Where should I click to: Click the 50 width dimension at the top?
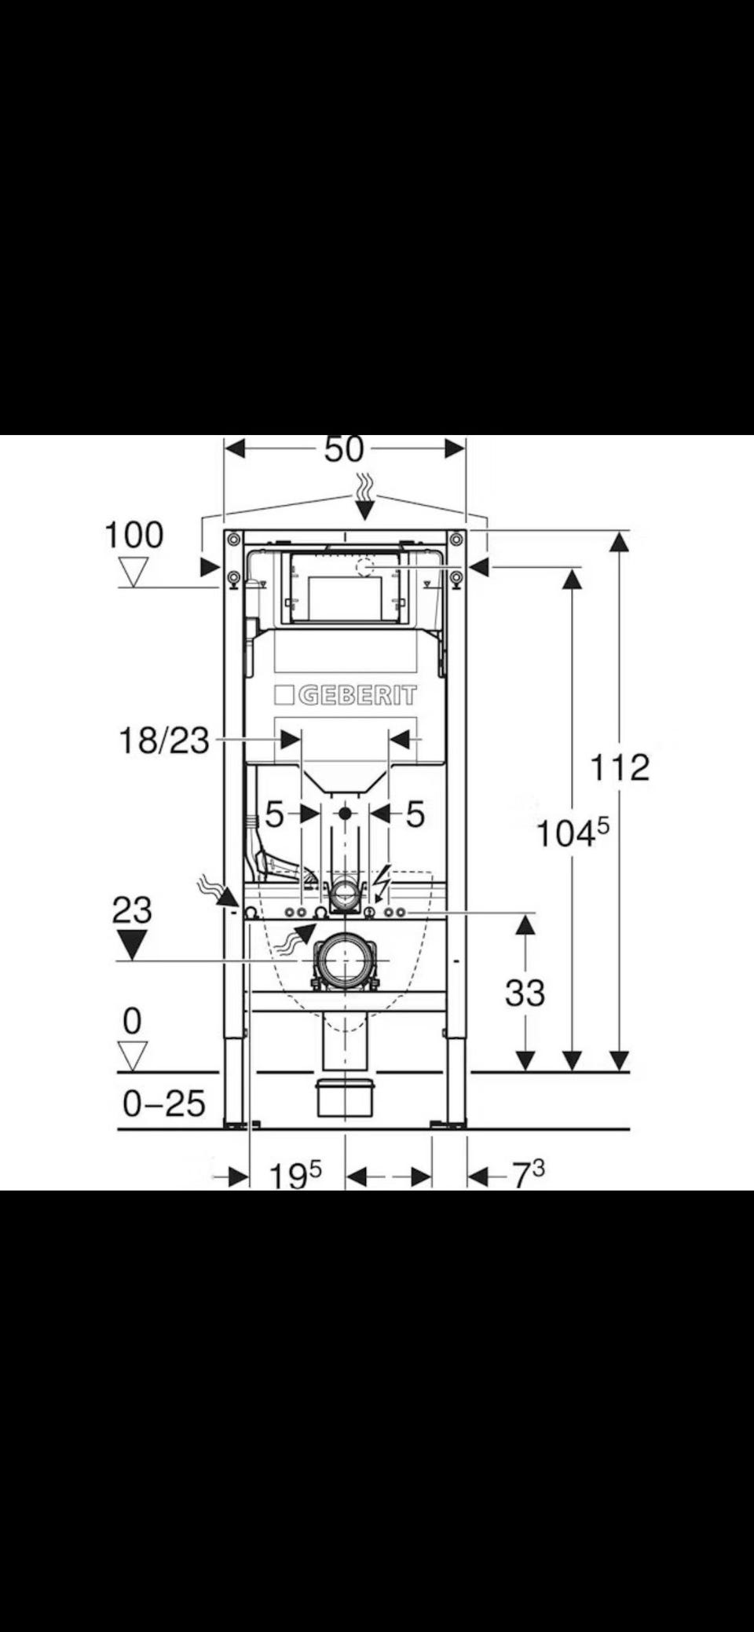click(344, 449)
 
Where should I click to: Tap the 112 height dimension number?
click(620, 767)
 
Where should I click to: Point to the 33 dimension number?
click(525, 993)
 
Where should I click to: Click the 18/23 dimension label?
click(164, 741)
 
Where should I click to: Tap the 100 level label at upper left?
click(134, 536)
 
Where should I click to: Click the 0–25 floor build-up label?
click(164, 1103)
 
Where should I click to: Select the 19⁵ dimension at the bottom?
click(295, 1176)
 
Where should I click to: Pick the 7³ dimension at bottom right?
click(528, 1175)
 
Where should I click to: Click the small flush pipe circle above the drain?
click(343, 891)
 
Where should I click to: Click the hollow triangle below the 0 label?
click(132, 1056)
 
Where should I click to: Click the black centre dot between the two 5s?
click(344, 814)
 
